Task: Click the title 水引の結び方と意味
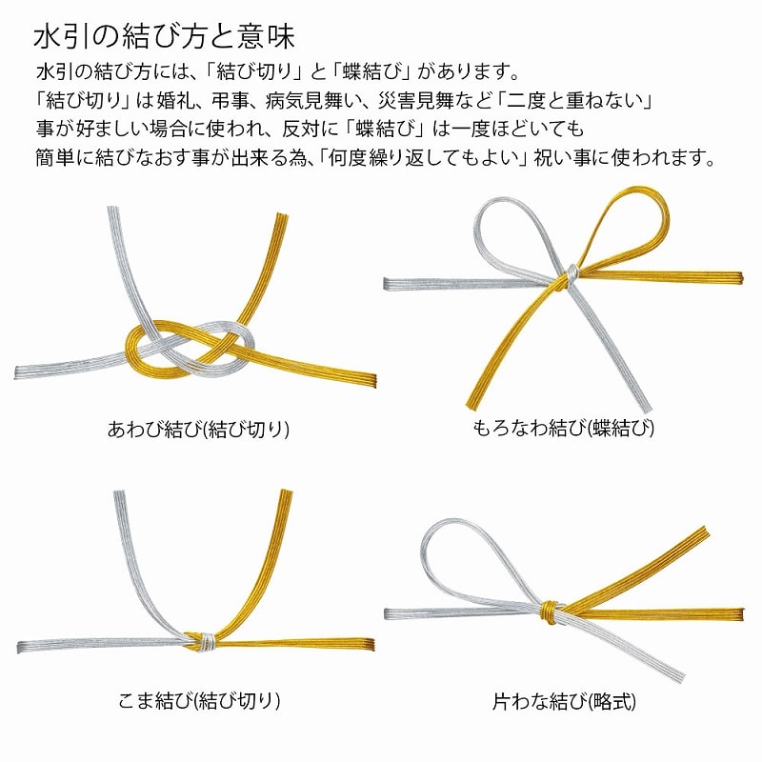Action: pos(164,38)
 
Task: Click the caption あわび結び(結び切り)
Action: pos(198,429)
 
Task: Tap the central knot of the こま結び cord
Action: pos(202,641)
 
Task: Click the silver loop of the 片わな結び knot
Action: pos(457,552)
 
